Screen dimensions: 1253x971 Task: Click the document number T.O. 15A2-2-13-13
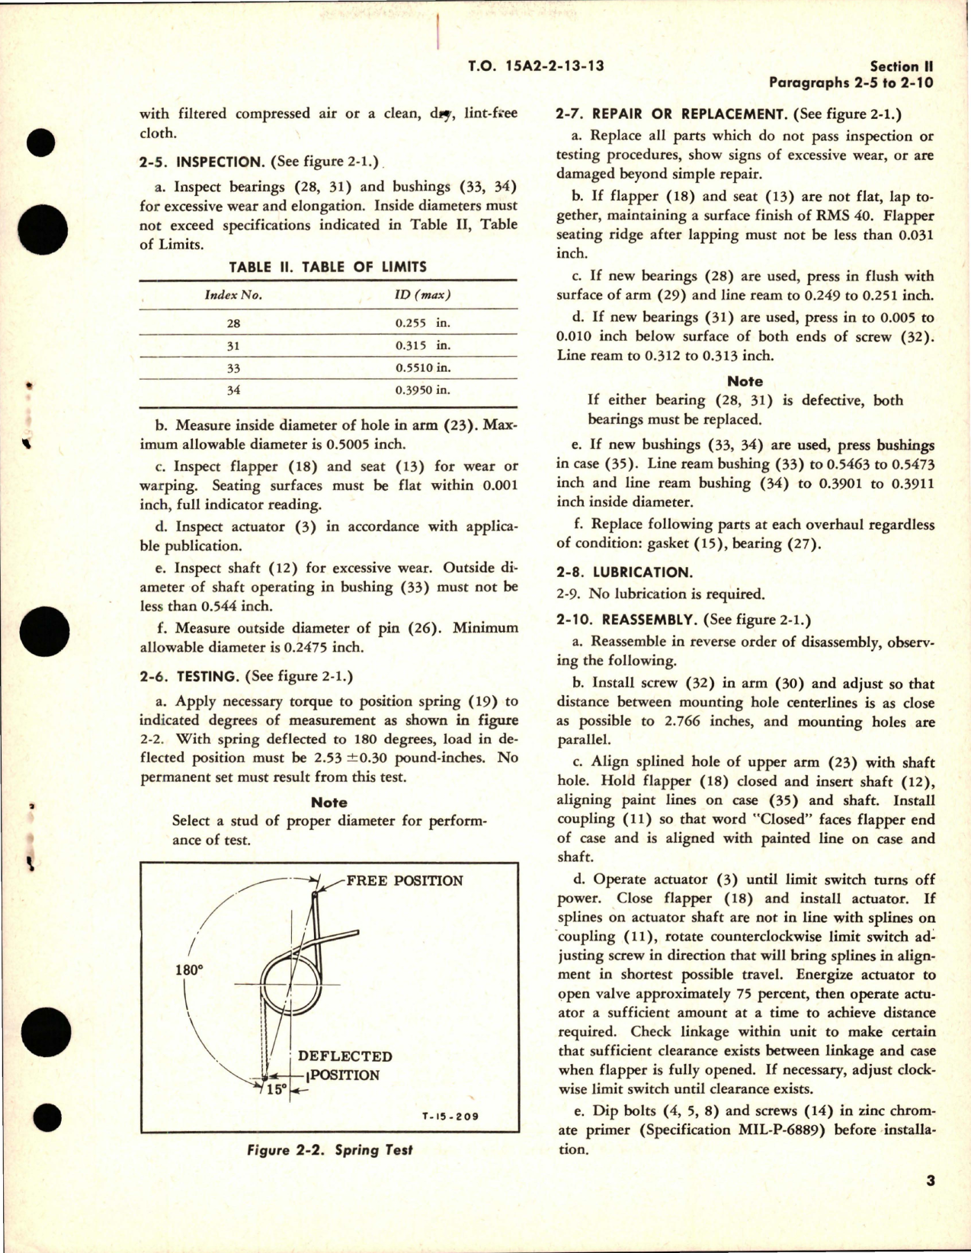point(536,66)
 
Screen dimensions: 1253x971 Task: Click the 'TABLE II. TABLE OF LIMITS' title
point(328,267)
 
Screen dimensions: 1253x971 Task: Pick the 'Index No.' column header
point(232,295)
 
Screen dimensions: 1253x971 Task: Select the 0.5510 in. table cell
point(423,367)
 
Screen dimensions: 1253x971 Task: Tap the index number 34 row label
point(232,390)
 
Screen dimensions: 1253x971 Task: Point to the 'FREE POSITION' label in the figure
point(405,880)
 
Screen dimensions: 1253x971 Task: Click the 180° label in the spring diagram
point(189,970)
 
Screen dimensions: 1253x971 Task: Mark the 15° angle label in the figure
point(277,1089)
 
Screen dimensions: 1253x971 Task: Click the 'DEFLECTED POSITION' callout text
point(344,1066)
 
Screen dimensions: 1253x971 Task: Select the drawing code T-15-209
point(450,1117)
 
